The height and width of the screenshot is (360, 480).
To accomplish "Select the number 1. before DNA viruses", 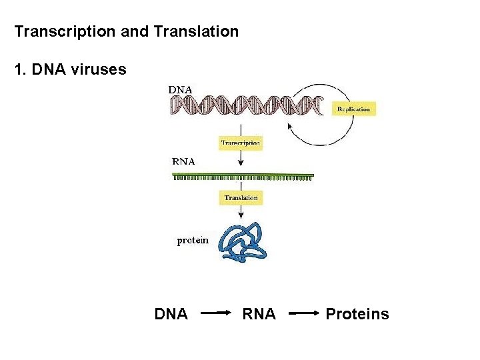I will [x=20, y=69].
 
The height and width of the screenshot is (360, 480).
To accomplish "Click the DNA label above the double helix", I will [x=179, y=89].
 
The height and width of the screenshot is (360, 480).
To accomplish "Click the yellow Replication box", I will [x=353, y=108].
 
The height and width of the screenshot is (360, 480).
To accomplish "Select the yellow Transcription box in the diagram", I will [x=241, y=143].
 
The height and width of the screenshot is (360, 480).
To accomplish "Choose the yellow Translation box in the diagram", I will [x=241, y=198].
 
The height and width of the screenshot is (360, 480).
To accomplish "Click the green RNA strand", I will [x=243, y=176].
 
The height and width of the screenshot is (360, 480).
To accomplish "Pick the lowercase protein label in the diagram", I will [x=193, y=241].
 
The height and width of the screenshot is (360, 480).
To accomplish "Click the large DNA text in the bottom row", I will [x=171, y=314].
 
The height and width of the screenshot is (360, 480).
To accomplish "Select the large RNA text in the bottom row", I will [x=259, y=314].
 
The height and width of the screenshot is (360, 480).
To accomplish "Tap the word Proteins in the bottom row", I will [x=357, y=314].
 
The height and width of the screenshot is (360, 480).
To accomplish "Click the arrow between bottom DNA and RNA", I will [x=215, y=312].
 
